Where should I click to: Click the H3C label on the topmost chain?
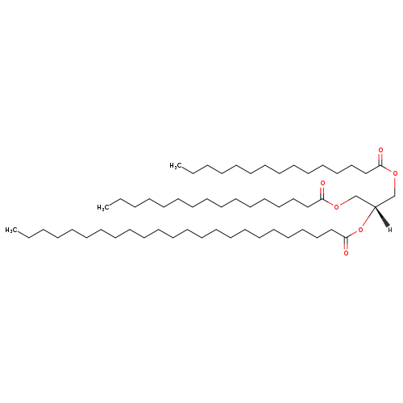coord(176,166)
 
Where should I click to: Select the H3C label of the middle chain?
coord(103,207)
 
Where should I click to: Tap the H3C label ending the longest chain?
coord(11,230)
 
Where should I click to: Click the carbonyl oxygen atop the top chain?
coord(380,150)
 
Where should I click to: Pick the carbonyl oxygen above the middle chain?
coord(322,184)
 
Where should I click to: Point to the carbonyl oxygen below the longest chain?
coord(346,253)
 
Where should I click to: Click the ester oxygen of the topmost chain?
coord(395,173)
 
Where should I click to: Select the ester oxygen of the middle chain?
coord(336,206)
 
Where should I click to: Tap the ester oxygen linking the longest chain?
coord(360,230)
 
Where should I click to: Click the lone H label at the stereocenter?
coord(390,230)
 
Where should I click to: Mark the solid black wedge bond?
coord(382,217)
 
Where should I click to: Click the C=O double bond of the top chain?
coord(380,160)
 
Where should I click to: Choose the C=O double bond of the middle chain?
coord(322,193)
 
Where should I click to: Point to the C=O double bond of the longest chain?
coord(346,243)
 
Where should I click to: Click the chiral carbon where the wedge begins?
coord(375,207)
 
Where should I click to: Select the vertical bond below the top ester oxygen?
coord(395,186)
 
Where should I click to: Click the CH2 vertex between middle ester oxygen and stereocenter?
coord(355,196)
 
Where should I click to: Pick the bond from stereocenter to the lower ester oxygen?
coord(368,217)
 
